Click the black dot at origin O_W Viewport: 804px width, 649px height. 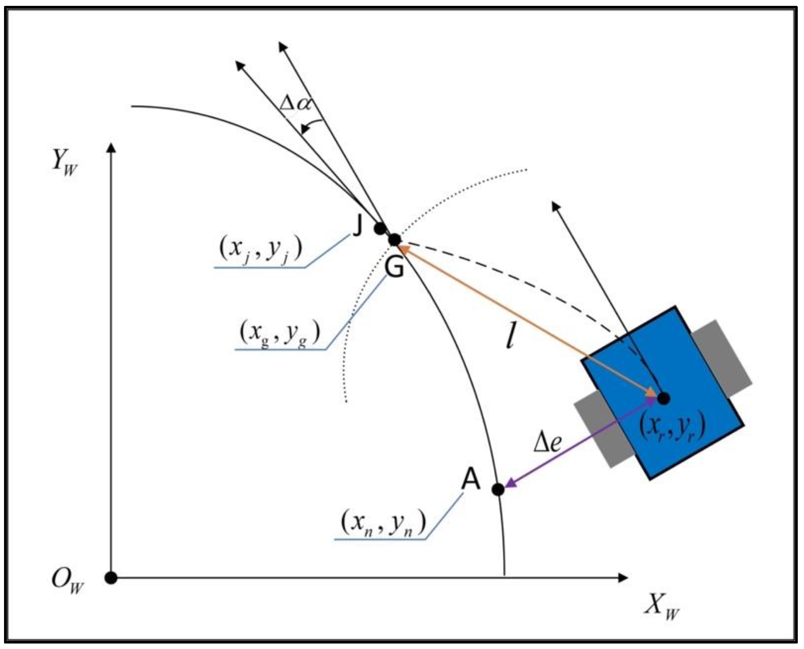click(x=111, y=578)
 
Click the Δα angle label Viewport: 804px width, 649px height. click(x=295, y=103)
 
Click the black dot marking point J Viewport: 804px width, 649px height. click(x=380, y=228)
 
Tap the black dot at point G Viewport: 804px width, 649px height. click(x=395, y=239)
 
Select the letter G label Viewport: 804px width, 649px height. click(x=394, y=268)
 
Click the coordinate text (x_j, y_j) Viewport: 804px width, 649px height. click(x=261, y=248)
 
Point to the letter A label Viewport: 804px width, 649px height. click(x=470, y=480)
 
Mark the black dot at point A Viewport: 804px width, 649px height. click(x=498, y=489)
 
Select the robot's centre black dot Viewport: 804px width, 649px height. click(x=663, y=398)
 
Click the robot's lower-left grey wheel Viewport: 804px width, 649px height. click(x=603, y=430)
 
